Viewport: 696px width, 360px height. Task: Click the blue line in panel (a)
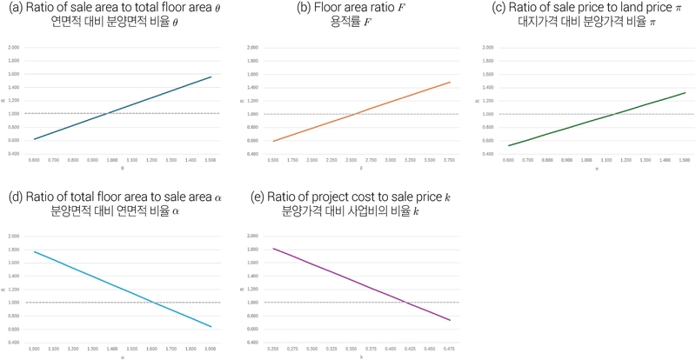(x=122, y=108)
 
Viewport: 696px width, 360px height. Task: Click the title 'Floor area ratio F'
(x=348, y=9)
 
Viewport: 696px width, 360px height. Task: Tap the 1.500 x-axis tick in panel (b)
(x=273, y=161)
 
